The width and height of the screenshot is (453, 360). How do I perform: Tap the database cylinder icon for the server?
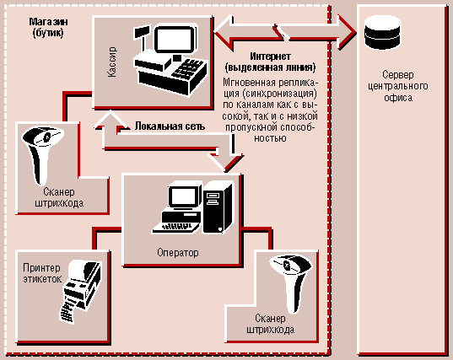click(x=383, y=33)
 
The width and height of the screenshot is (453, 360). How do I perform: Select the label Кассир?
click(x=112, y=62)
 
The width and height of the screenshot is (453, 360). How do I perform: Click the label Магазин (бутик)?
click(x=48, y=27)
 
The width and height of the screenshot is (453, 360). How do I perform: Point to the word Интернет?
click(x=270, y=56)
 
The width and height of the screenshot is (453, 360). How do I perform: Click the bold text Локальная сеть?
click(x=170, y=126)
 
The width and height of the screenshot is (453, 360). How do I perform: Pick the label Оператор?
click(x=178, y=253)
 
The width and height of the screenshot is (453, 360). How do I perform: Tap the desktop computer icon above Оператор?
click(x=192, y=207)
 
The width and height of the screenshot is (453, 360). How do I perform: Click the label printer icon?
click(x=80, y=291)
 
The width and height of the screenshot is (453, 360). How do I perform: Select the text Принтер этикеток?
click(x=42, y=273)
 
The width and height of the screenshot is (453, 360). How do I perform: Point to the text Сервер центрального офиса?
click(x=398, y=86)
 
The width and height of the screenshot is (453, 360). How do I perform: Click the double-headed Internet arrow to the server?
click(x=284, y=32)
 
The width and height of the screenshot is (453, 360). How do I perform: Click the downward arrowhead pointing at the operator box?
click(x=226, y=163)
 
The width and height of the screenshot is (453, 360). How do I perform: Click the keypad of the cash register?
click(x=189, y=69)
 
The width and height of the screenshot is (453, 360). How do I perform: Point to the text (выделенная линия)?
click(x=270, y=67)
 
